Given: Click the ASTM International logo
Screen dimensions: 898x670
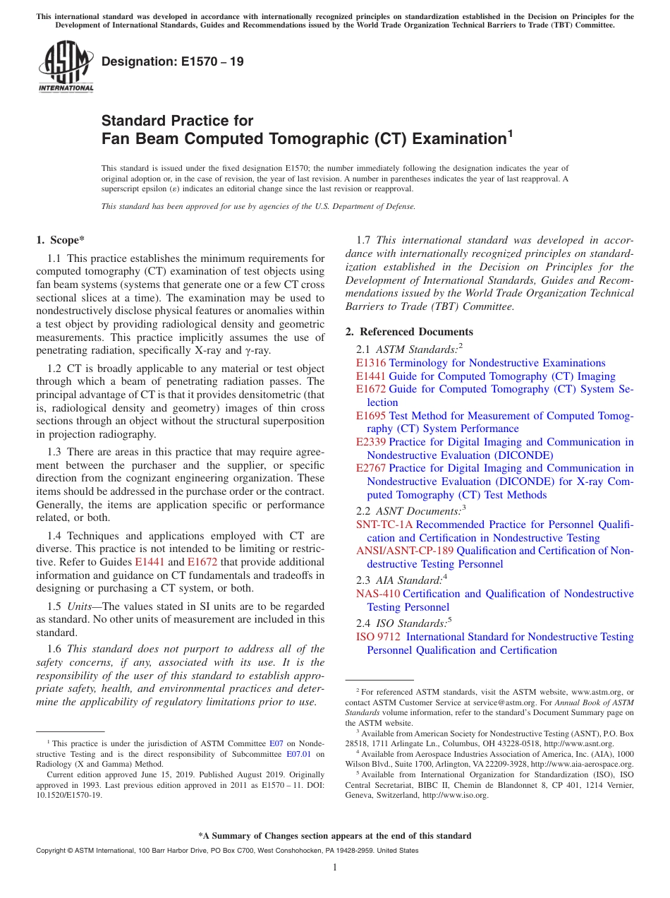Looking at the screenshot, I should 65,66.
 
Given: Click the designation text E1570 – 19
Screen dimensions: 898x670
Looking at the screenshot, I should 173,61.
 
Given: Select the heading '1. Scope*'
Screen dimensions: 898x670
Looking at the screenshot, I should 61,240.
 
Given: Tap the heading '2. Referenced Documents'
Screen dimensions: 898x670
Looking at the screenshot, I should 409,332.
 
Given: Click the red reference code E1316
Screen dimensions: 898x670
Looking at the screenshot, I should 371,363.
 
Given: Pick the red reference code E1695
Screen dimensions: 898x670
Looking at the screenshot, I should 371,416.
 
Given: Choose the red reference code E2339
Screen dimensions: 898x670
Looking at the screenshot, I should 371,442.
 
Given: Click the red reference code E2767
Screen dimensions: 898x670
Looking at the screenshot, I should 371,468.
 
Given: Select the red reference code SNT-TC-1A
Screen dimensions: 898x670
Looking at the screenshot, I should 384,525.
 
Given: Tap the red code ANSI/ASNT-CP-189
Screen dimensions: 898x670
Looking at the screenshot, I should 405,551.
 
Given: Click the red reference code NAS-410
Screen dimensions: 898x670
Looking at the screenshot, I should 378,594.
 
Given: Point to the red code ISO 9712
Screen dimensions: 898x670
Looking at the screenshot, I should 378,637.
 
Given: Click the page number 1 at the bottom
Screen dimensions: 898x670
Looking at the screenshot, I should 335,868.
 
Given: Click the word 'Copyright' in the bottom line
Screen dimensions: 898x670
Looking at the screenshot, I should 51,851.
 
